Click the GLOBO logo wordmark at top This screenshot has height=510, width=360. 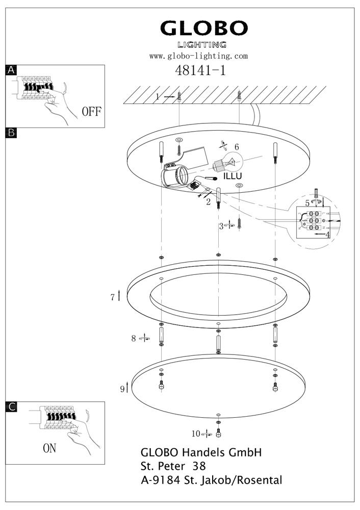[x=204, y=29]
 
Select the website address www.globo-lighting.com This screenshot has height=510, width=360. [x=198, y=56]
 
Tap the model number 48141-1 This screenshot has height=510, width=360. [x=200, y=70]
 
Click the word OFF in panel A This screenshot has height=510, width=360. [x=92, y=112]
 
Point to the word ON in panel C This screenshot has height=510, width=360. [x=49, y=449]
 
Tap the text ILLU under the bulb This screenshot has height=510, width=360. [x=233, y=176]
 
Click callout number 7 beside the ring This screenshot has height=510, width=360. [x=113, y=297]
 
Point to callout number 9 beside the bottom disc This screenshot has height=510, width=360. [x=122, y=389]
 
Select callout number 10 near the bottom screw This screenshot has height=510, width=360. [x=195, y=434]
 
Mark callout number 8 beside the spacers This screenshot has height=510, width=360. [x=134, y=338]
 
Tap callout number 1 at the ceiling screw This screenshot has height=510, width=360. [x=158, y=96]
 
